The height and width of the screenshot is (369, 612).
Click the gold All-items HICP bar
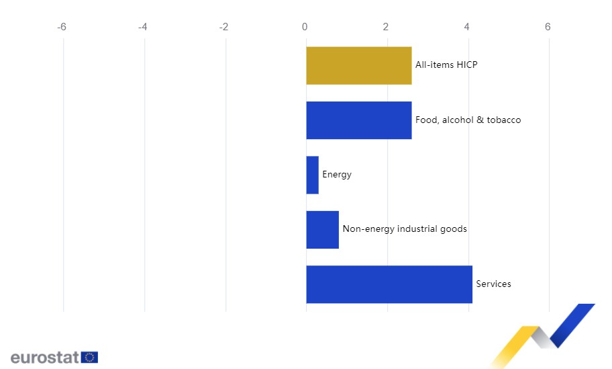[x=358, y=65]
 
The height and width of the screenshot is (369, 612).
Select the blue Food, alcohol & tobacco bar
[x=358, y=120]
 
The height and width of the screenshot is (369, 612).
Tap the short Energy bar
[x=312, y=175]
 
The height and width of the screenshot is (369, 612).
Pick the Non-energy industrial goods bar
[x=322, y=229]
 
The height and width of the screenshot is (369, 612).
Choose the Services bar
[x=389, y=284]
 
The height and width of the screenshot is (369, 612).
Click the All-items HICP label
[x=446, y=65]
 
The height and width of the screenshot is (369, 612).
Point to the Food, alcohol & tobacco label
[x=468, y=120]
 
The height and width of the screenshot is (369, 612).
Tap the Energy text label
[x=337, y=175]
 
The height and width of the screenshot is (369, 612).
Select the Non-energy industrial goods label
[x=405, y=229]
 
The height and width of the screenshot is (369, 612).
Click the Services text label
[x=493, y=284]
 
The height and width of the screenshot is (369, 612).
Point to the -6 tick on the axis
[x=62, y=27]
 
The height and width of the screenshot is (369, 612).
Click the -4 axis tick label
[x=142, y=27]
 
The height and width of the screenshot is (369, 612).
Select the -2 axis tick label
[x=223, y=27]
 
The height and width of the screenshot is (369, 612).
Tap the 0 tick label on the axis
[x=305, y=27]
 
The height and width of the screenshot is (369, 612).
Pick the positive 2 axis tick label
[x=386, y=27]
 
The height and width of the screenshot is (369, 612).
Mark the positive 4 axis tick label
[x=467, y=27]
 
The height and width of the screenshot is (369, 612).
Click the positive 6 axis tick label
[x=548, y=27]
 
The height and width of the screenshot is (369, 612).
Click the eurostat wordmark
[x=44, y=357]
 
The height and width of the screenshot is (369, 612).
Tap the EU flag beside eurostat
[x=89, y=357]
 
